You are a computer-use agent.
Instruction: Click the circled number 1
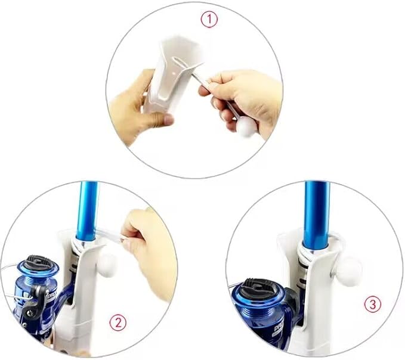(209, 20)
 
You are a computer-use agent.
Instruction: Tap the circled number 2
(118, 322)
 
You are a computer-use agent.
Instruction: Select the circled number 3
(373, 305)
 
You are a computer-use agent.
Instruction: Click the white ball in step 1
(247, 128)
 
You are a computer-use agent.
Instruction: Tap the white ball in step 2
(107, 265)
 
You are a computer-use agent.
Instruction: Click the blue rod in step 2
(87, 212)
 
